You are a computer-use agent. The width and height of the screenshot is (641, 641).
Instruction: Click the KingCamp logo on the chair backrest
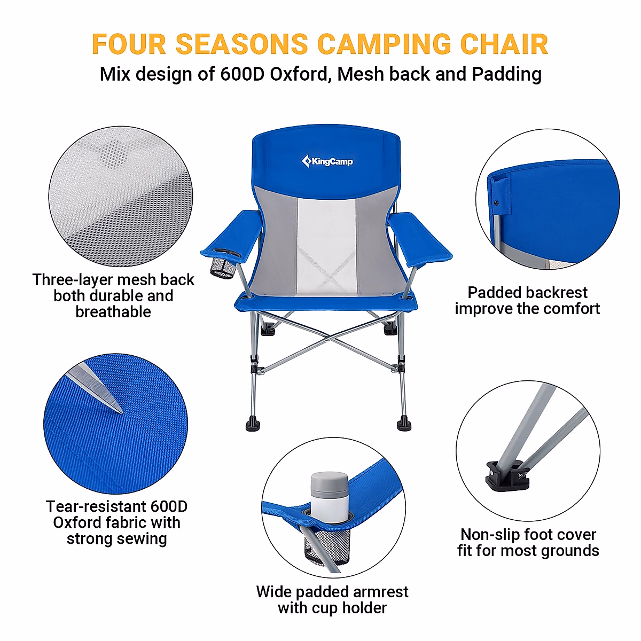click(327, 161)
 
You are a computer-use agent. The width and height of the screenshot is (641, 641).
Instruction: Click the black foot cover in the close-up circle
click(506, 475)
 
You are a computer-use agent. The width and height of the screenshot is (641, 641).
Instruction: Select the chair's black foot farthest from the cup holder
click(404, 425)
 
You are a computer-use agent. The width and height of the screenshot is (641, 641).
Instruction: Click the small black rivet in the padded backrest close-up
click(496, 203)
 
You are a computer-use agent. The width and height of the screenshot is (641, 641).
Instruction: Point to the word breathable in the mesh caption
click(113, 312)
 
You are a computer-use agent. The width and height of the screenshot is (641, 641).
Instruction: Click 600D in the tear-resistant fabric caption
click(169, 506)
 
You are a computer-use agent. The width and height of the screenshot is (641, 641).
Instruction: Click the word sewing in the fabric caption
click(142, 538)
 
